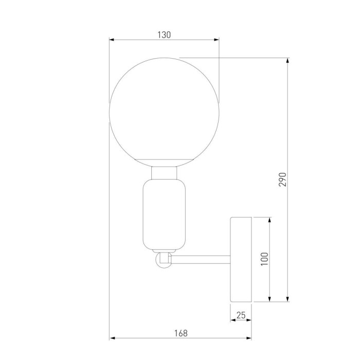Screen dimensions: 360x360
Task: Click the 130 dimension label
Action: click(x=164, y=35)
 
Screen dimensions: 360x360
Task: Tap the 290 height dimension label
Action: click(x=282, y=178)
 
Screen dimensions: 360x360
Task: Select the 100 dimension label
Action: click(x=264, y=259)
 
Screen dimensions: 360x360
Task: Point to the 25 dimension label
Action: click(x=241, y=315)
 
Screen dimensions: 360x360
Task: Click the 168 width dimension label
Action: click(x=181, y=333)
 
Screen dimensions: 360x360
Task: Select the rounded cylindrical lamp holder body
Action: click(x=165, y=213)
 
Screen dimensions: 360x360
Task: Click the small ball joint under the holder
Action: click(x=164, y=259)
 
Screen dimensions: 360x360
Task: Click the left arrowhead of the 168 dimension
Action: click(x=112, y=338)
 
